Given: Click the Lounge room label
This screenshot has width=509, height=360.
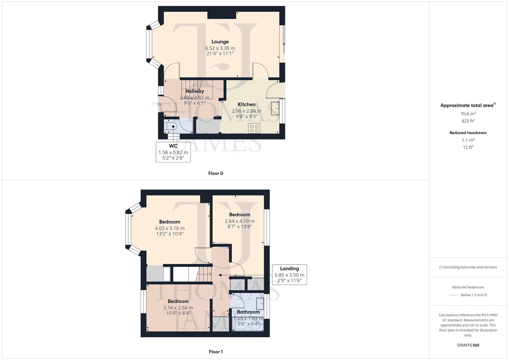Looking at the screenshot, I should coord(220,42).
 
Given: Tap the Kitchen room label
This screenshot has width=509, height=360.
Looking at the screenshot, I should coord(246,104).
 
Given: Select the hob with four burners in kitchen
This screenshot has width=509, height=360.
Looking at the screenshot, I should coord(254,128).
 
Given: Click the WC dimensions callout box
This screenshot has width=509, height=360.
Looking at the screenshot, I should coord(173,152).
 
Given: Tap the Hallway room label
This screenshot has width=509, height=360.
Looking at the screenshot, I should coord(195,91).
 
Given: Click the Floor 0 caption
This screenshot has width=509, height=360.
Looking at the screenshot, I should coord(216,173).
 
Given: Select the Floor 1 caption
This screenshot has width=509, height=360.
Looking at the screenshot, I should coord(216,352).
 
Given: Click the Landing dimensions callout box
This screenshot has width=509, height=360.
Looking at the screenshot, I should coord(289,275).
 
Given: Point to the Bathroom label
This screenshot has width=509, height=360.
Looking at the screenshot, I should coord(248,312).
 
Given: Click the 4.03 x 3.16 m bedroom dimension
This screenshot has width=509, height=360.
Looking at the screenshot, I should coord(169,228).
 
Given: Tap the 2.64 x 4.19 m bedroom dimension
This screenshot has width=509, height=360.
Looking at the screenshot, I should coord(239,221).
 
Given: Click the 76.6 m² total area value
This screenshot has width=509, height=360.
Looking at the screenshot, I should coord(468,114).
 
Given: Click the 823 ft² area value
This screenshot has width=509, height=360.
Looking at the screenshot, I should coord(468,121).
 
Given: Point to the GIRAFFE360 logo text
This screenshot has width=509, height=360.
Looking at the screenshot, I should coord(468,345).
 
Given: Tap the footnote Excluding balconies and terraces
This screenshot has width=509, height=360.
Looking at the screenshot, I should coord(468,267).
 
